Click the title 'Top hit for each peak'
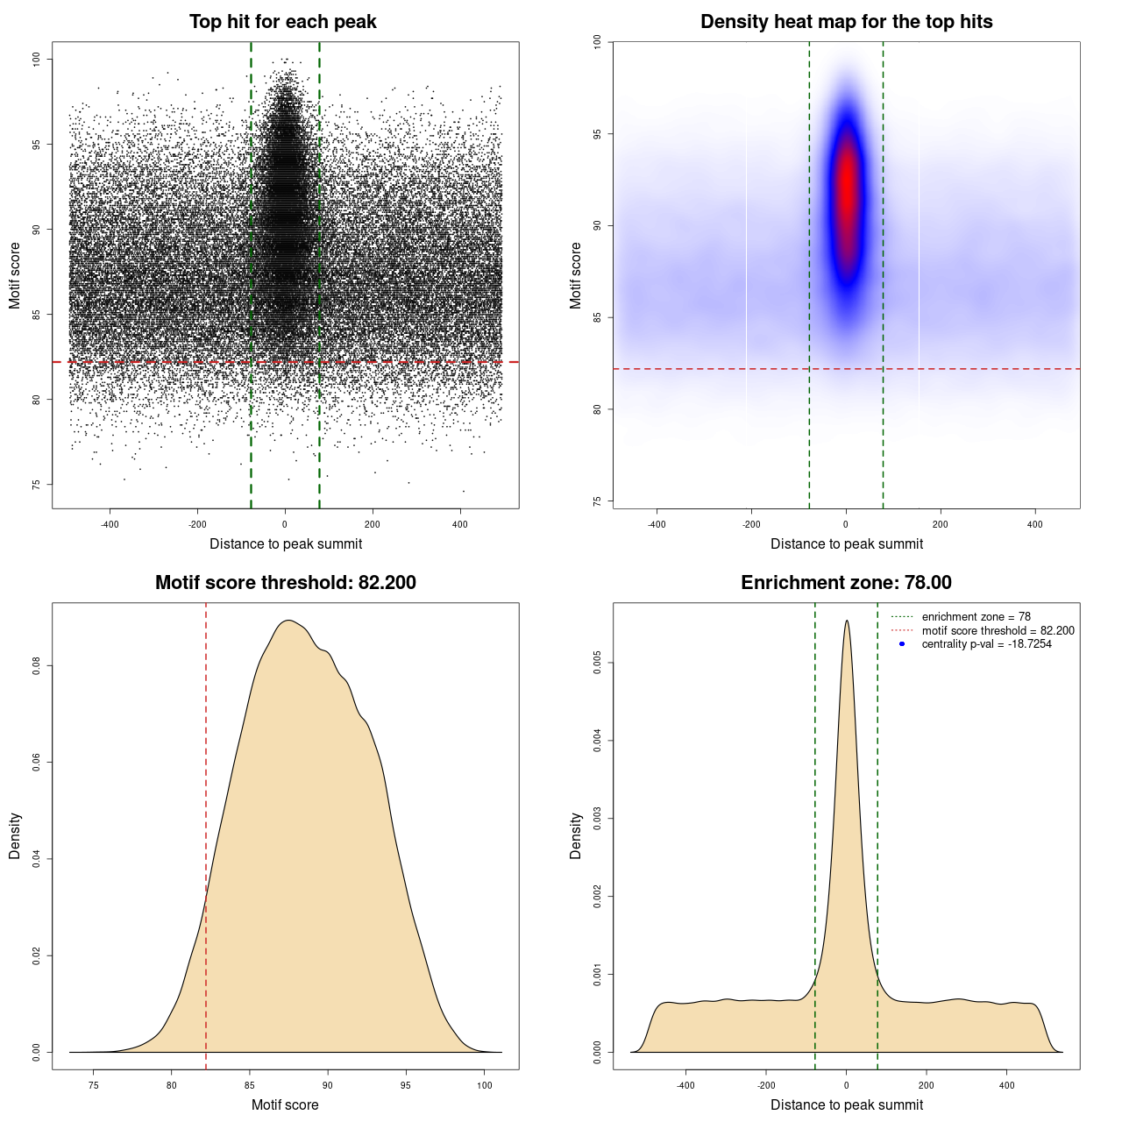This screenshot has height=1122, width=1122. tap(282, 22)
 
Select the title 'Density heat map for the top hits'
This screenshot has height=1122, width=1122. tap(846, 22)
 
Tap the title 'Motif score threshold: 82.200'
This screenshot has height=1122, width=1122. tap(285, 583)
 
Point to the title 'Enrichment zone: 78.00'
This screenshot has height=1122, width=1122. tap(846, 583)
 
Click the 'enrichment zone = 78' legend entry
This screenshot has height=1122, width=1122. tap(976, 617)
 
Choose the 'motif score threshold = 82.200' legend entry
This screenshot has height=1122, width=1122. tap(998, 630)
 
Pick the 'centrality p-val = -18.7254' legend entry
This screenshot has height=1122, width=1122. tap(986, 644)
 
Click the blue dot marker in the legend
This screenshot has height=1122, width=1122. tap(902, 644)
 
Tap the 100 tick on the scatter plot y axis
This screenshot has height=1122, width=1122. tap(37, 59)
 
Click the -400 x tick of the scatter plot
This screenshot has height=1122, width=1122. tap(110, 524)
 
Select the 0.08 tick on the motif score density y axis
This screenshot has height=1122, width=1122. tap(37, 666)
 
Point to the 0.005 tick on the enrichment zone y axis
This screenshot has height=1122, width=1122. tap(598, 664)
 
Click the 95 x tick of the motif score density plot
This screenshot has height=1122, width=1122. tap(405, 1085)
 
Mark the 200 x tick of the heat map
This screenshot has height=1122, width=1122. tap(941, 524)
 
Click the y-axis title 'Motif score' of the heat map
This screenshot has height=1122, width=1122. tap(576, 275)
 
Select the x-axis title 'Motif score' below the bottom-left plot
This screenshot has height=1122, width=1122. tap(285, 1104)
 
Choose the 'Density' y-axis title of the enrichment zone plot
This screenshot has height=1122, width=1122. tap(576, 835)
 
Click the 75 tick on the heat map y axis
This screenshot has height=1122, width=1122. tap(598, 501)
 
